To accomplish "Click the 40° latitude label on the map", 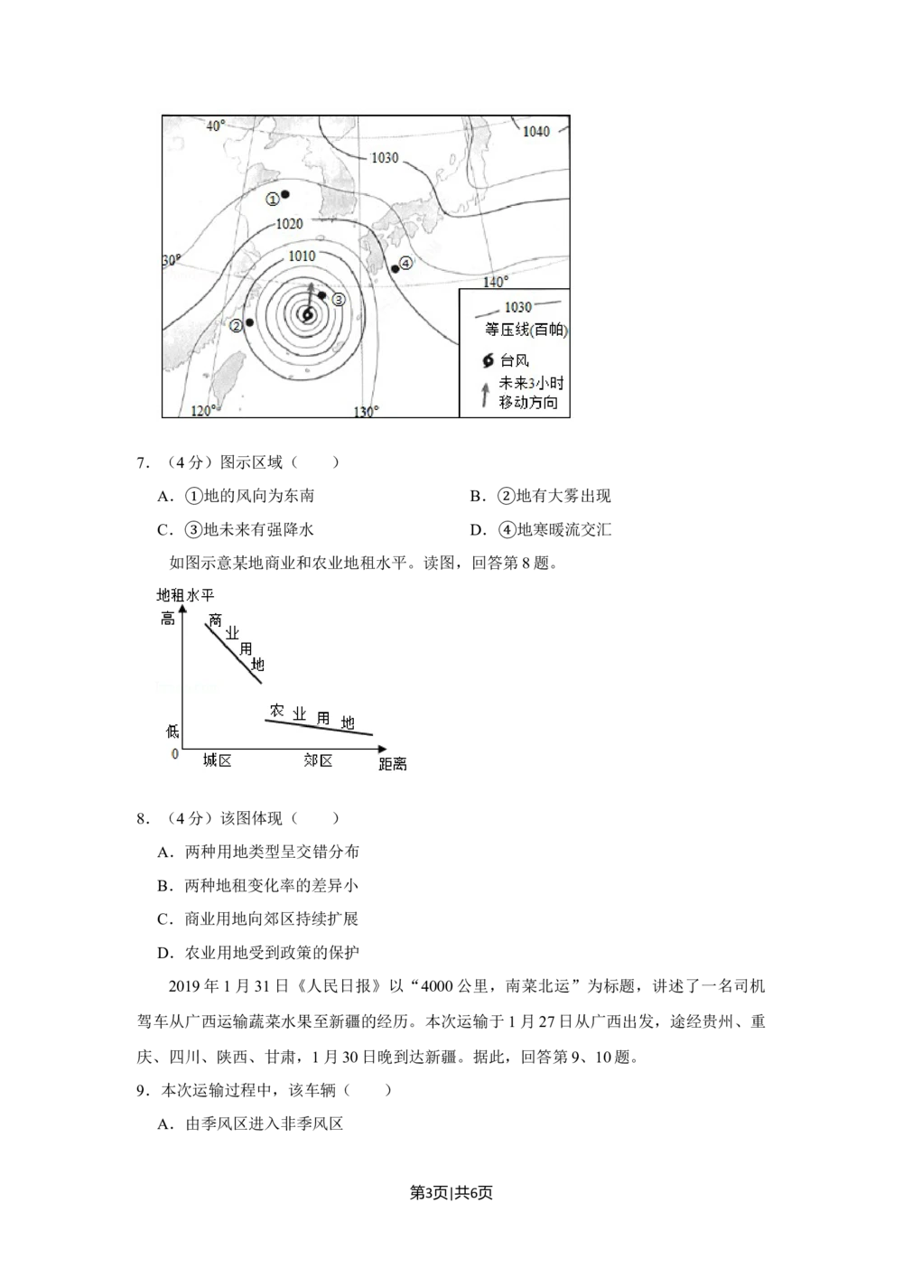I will coord(216,126).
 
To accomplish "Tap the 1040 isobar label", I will coord(535,132).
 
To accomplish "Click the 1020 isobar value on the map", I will coord(289,224).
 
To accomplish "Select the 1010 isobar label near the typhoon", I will coord(302,256).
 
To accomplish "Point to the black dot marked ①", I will coord(284,194).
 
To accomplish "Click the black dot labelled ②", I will coord(249,322).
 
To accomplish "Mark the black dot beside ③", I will coord(322,295).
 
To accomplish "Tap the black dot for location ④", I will coord(395,269).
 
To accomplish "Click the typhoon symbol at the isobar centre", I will coord(307,315).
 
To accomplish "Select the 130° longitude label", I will coord(366,412).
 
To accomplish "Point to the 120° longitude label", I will coord(204,411).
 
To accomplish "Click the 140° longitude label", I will coord(495,283).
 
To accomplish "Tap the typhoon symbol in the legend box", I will coord(489,361).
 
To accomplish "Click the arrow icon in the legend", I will coord(485,394).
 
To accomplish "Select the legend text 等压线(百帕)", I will coord(526,331).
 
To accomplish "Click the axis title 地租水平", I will coord(186,595).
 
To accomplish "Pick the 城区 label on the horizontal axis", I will coord(218,760).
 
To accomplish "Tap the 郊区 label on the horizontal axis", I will coord(318,760).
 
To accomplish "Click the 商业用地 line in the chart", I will coord(233,652).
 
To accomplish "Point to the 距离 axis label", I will coord(393,765).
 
